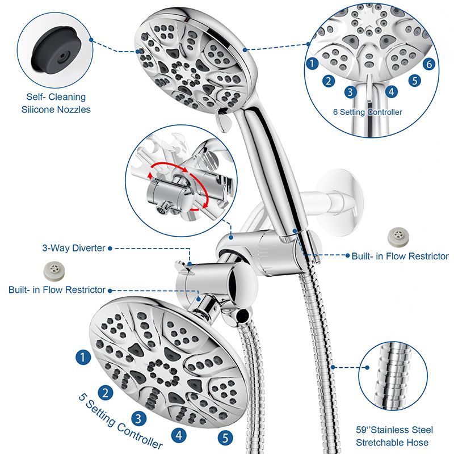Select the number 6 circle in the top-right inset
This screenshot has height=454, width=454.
click(429, 64)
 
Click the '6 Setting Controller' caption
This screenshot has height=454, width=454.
click(368, 112)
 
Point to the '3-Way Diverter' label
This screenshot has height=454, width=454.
click(73, 248)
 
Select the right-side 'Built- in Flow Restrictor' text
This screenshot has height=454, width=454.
click(400, 257)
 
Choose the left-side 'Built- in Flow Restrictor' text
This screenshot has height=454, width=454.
click(57, 290)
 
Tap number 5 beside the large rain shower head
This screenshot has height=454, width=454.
click(225, 438)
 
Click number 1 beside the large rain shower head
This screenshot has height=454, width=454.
click(83, 357)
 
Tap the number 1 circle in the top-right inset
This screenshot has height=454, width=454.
click(312, 64)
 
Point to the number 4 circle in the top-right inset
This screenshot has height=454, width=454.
click(391, 91)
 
